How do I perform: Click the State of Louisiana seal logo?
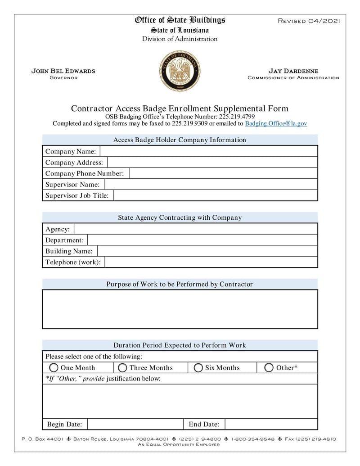point(180,71)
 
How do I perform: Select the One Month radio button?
point(54,368)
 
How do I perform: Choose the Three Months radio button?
point(122,368)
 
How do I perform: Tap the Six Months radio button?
point(198,368)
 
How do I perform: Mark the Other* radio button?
point(269,368)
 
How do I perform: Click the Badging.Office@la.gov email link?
point(276,123)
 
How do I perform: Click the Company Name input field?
point(208,151)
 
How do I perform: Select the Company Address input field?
point(212,163)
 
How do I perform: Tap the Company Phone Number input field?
point(223,173)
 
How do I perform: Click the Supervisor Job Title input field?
point(216,195)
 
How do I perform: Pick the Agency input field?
point(195,229)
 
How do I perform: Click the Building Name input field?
point(207,251)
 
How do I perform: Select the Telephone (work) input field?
point(211,262)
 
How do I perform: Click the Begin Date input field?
point(135,424)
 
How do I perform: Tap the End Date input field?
point(271,424)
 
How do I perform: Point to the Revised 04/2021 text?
point(310,21)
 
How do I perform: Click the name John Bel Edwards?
point(63,71)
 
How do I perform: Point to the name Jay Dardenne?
point(293,71)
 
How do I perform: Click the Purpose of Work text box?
point(180,309)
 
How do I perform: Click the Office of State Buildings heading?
point(180,20)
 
